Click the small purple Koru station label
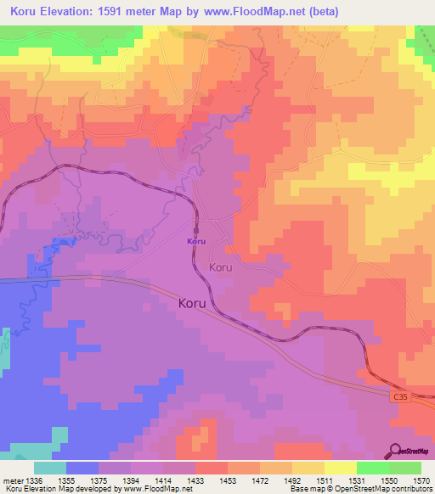click(x=196, y=242)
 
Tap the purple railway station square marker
click(x=196, y=230)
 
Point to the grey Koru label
click(x=221, y=267)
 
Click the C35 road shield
click(x=401, y=397)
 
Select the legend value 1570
click(x=421, y=480)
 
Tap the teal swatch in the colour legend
click(x=50, y=468)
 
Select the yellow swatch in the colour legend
click(x=340, y=468)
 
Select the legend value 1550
click(x=388, y=480)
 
